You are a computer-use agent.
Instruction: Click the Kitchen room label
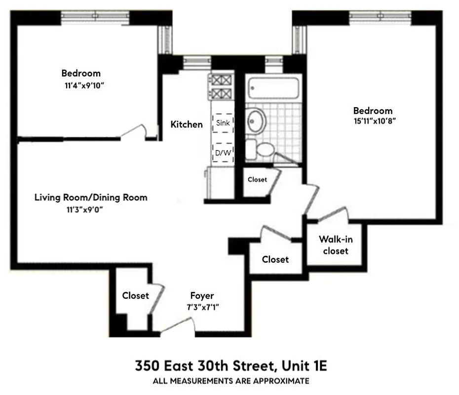coord(187,124)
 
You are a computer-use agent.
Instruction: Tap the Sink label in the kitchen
coord(223,123)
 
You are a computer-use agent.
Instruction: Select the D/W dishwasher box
coord(223,153)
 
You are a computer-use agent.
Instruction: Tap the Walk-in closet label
coord(336,245)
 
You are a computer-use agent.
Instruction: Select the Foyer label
coord(202,296)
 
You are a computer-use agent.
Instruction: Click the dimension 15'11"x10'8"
coord(373,121)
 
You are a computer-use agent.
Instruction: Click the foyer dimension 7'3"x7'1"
coord(202,307)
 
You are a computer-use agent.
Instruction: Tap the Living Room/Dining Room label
coord(91,197)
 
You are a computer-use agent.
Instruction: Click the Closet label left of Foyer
coord(135,296)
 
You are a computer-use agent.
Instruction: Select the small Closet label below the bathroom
coord(257,180)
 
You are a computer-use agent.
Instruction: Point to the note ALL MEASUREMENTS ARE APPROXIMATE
coord(231,381)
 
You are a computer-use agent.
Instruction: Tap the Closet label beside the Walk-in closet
coord(275,259)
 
